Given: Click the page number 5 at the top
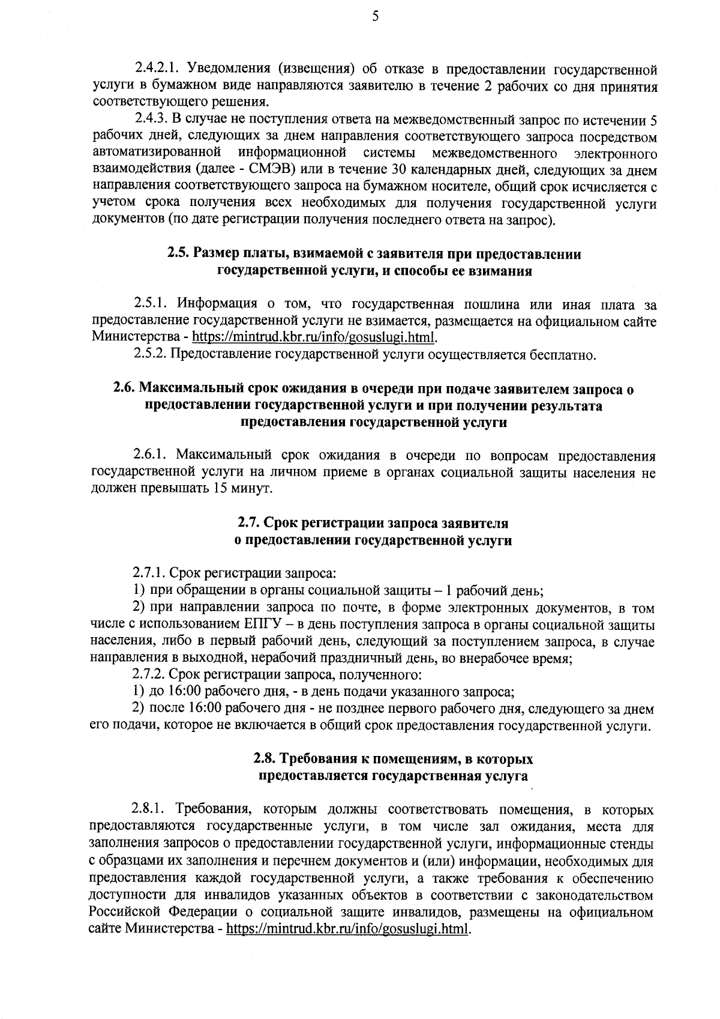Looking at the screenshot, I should [375, 17].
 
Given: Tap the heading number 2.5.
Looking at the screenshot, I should [178, 254].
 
